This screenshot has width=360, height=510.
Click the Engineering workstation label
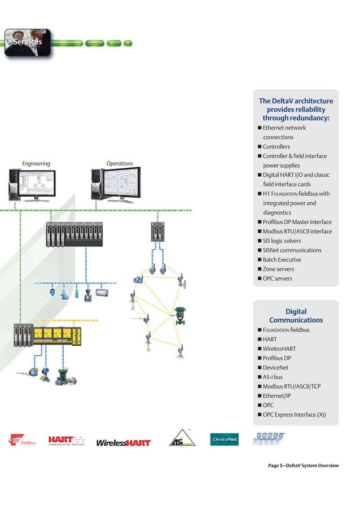[x=36, y=164]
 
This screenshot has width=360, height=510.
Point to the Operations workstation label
[x=120, y=164]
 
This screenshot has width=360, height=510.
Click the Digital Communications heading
[x=296, y=316]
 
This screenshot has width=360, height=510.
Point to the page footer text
[x=303, y=465]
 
